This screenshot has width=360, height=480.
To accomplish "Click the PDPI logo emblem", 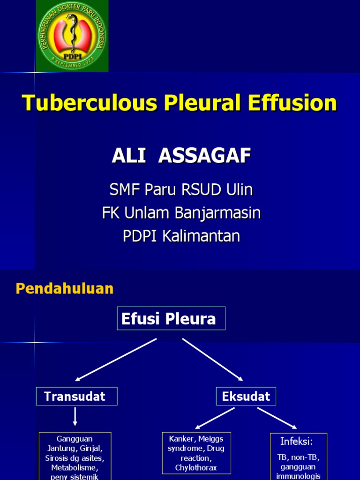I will pos(72,36).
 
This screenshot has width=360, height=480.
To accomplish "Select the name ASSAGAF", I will pos(205,156).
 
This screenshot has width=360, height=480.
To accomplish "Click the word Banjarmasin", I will pos(217,213).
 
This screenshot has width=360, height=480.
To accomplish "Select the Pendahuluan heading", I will pos(65,288).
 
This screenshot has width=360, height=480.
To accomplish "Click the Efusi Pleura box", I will pos(171,319).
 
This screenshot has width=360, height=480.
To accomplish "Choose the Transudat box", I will pos(76,396).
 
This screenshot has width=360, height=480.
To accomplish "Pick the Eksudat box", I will pos(246,396).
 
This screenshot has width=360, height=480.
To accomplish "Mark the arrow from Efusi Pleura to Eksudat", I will pos(213,360).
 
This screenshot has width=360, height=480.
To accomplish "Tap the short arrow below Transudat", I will pos(75,416).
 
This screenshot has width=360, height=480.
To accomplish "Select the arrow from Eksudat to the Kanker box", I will pos(215,418).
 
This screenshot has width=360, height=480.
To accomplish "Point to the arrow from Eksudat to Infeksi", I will pos(277,418).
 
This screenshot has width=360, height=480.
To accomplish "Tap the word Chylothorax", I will pos(196,467).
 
